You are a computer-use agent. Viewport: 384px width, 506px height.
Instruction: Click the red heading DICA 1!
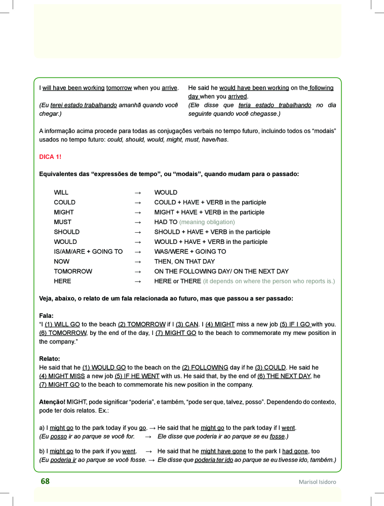coord(50,157)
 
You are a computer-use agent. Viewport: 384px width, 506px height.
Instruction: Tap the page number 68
coord(45,481)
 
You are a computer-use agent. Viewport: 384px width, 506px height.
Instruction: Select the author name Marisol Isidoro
coord(317,482)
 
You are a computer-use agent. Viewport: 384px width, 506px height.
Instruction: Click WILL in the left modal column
coord(61,192)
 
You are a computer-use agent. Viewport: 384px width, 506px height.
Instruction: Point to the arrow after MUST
coord(137,222)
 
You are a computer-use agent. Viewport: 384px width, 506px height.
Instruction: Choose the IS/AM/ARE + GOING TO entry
coord(88,251)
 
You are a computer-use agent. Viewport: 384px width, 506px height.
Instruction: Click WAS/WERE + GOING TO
coord(190,251)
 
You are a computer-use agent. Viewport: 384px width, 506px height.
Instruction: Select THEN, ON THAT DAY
coord(184,262)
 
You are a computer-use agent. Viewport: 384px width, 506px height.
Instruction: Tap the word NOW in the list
coord(62,262)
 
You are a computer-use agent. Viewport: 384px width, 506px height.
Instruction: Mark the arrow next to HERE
coord(137,281)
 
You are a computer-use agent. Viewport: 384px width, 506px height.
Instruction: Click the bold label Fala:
coord(46,315)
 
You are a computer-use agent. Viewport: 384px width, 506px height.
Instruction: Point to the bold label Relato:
coord(49,359)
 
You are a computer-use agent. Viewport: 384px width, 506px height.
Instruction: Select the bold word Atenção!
coord(52,402)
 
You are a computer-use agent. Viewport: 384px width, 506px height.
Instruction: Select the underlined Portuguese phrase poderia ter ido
coord(214,460)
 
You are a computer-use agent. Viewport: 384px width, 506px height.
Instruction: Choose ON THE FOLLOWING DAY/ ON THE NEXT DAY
coord(221,271)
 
